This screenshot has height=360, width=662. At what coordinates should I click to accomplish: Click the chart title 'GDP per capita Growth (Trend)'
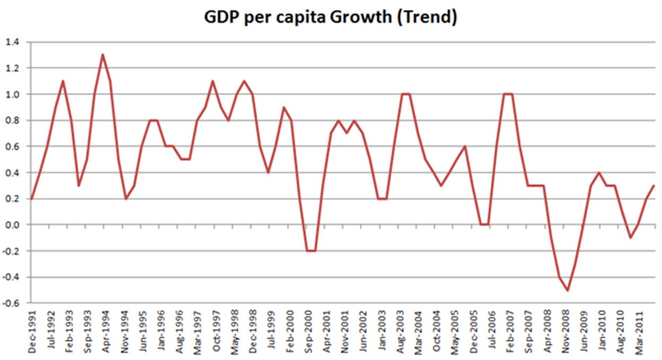(x=330, y=17)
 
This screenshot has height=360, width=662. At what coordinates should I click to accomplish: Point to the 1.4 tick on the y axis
(x=11, y=42)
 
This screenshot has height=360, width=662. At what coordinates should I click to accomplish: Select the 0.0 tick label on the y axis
(x=11, y=225)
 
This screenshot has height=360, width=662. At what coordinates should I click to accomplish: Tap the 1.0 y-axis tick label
(x=11, y=94)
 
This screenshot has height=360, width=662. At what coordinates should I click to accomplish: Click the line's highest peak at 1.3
(x=102, y=55)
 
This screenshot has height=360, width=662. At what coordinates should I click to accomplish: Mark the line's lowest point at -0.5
(x=568, y=290)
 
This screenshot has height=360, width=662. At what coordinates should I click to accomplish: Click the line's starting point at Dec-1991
(x=31, y=199)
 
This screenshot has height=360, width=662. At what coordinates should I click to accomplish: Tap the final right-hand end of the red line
(x=655, y=186)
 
